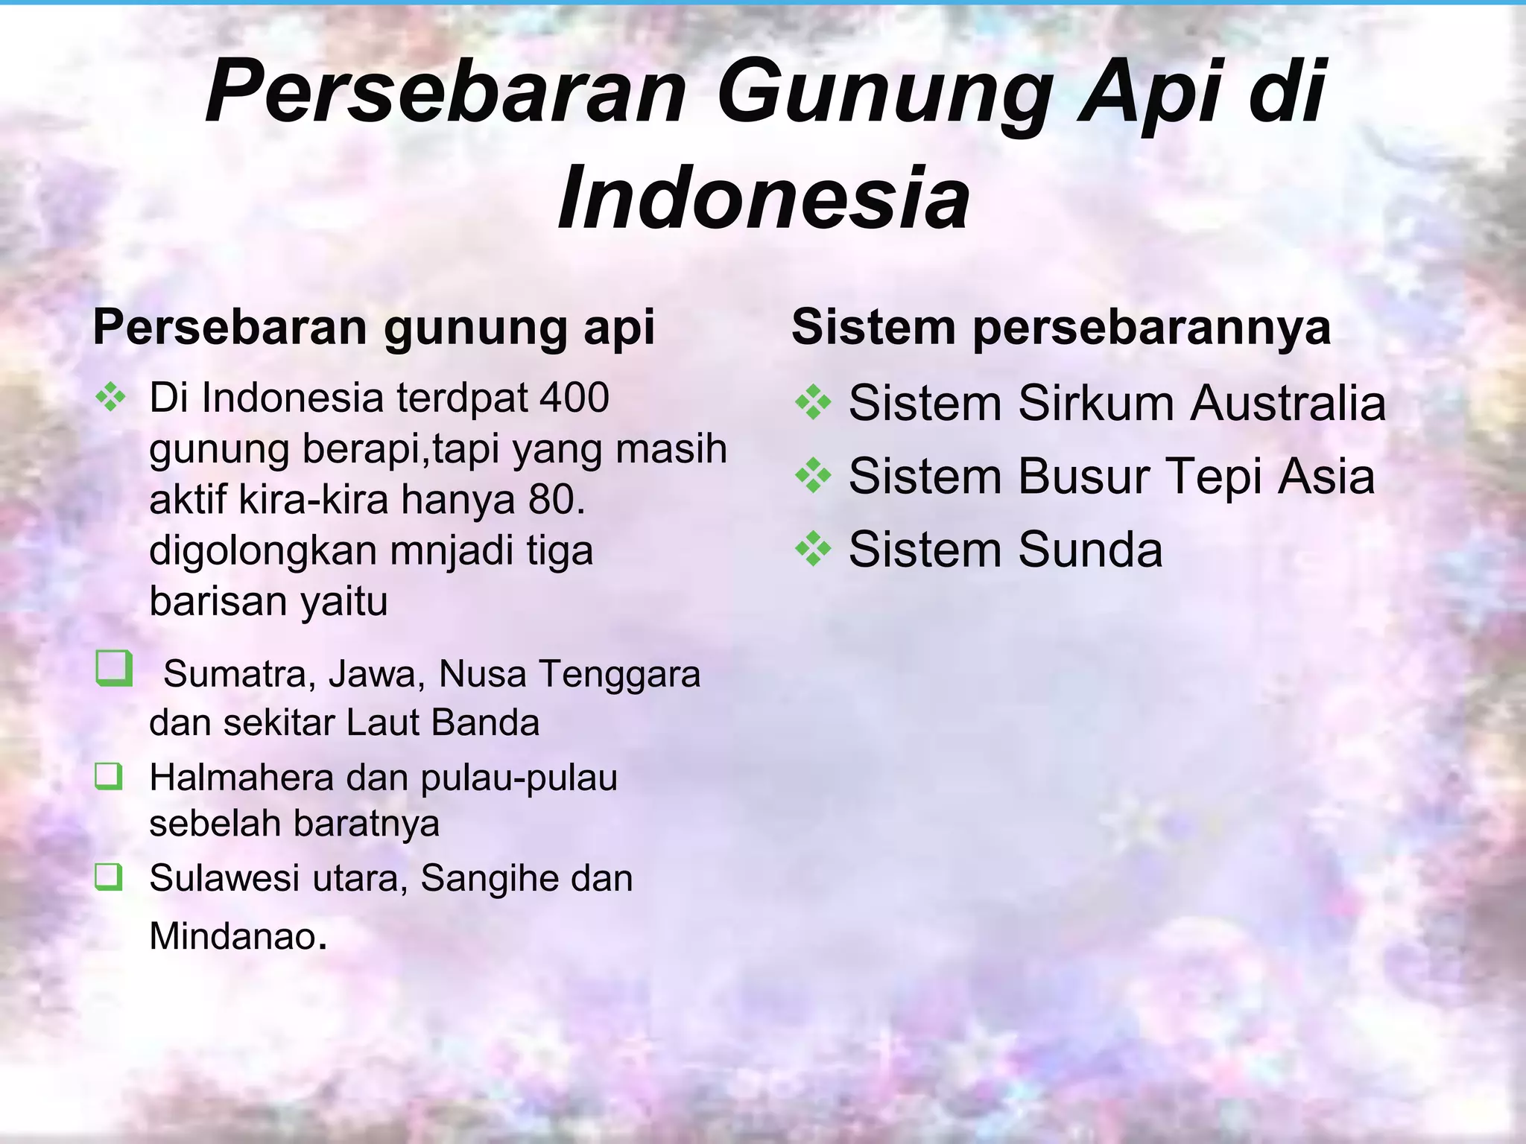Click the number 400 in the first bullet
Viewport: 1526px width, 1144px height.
[574, 398]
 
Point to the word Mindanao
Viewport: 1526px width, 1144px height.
[233, 936]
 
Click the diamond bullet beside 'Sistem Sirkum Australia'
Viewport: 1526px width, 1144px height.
[813, 404]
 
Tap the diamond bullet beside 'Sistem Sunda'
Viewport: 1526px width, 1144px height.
[813, 550]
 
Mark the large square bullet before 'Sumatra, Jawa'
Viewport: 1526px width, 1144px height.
[114, 668]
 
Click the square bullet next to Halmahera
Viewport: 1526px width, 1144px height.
[109, 778]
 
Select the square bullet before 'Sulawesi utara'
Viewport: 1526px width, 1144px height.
[109, 878]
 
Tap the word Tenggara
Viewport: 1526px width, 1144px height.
[619, 674]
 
